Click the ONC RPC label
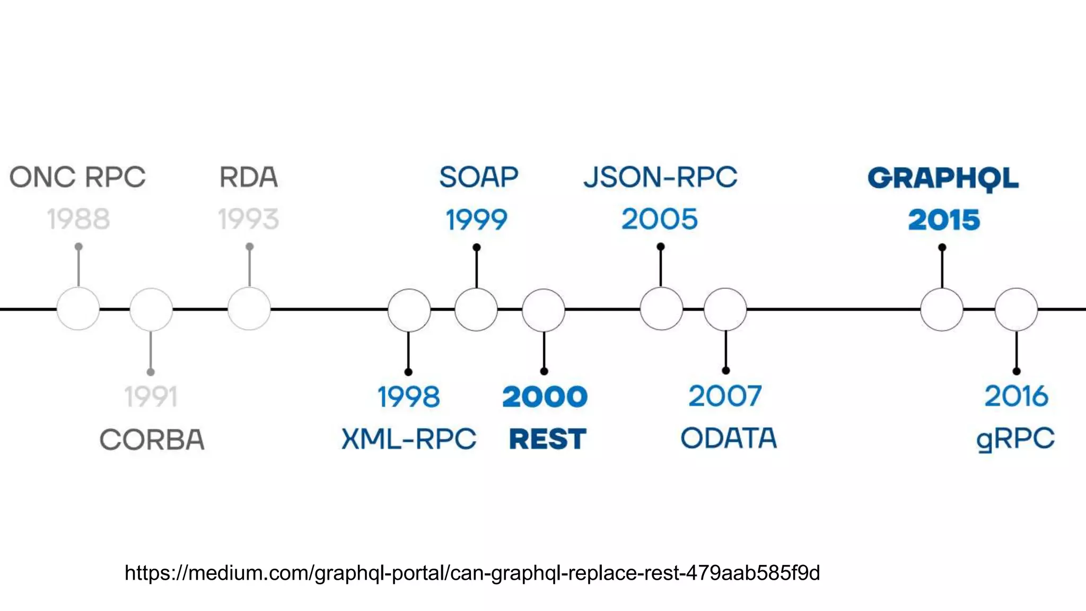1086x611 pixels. coord(77,177)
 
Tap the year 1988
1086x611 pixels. coord(78,219)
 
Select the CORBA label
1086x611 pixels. coord(152,440)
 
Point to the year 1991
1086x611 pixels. coord(151,397)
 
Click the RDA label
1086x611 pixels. coord(249,177)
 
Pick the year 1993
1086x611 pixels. coord(249,219)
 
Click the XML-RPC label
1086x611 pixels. coord(409,439)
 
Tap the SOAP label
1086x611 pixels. coord(478,177)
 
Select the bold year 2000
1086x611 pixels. coord(545,397)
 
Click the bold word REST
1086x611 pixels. coord(548,439)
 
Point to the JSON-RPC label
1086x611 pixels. coord(660,177)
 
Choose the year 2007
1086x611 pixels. coord(725,396)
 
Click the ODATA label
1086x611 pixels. coord(729,439)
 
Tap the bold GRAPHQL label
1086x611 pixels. coord(943,179)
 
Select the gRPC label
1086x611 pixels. coord(1015,440)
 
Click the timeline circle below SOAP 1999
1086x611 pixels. coord(476,310)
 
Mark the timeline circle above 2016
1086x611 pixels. coord(1016,310)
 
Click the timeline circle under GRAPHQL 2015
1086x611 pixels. coord(942,310)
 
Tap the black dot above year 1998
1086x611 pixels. coord(408,372)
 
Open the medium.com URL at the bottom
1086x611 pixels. coord(472,573)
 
